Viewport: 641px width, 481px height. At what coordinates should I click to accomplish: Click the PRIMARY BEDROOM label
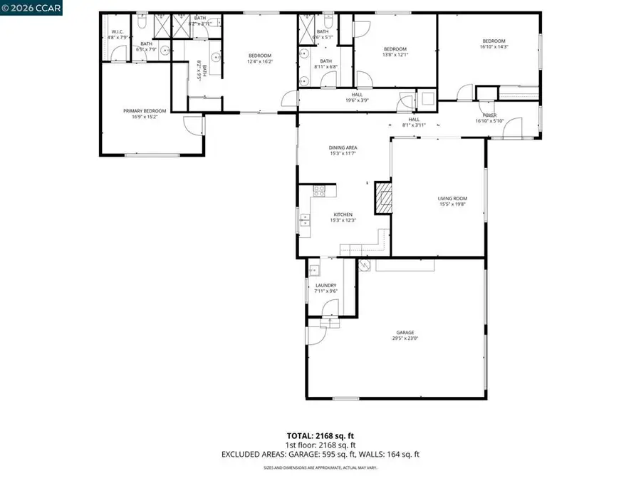(x=145, y=110)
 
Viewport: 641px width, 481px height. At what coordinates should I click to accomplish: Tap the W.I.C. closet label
(x=118, y=33)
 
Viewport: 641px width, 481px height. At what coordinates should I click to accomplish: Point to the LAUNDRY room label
(x=326, y=285)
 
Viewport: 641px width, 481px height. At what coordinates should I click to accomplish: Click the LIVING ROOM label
(x=452, y=199)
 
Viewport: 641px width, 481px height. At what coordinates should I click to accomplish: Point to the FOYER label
(x=490, y=115)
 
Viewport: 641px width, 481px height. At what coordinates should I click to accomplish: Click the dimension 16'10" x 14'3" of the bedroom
(x=494, y=48)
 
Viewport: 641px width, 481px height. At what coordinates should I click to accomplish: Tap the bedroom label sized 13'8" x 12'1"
(x=395, y=49)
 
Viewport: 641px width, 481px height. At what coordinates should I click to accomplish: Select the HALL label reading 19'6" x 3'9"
(x=356, y=95)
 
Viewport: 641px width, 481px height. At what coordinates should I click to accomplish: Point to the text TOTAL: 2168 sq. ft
(x=320, y=435)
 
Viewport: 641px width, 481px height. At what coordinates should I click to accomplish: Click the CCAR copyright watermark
(x=31, y=8)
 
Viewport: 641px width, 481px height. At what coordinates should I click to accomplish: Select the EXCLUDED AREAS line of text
(x=320, y=454)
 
